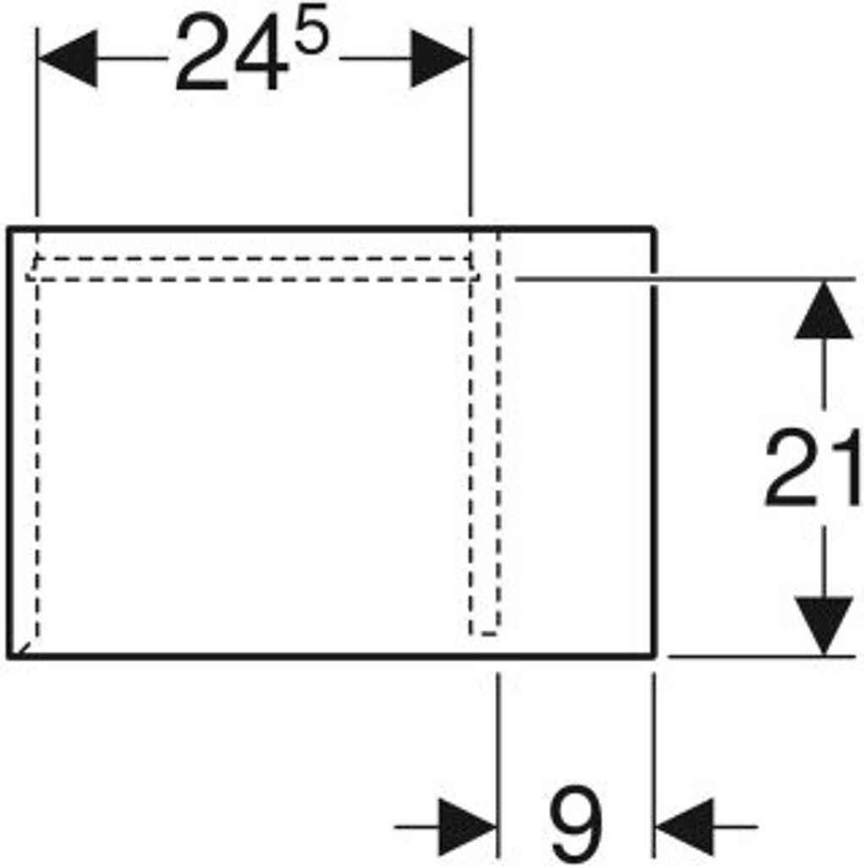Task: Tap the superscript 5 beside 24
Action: [x=311, y=39]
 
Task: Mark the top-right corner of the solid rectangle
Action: [x=656, y=228]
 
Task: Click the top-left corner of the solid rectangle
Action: [x=9, y=228]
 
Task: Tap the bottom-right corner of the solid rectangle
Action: [x=656, y=655]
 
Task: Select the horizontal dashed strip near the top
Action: [x=254, y=268]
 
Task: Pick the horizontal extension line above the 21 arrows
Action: [x=677, y=277]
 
